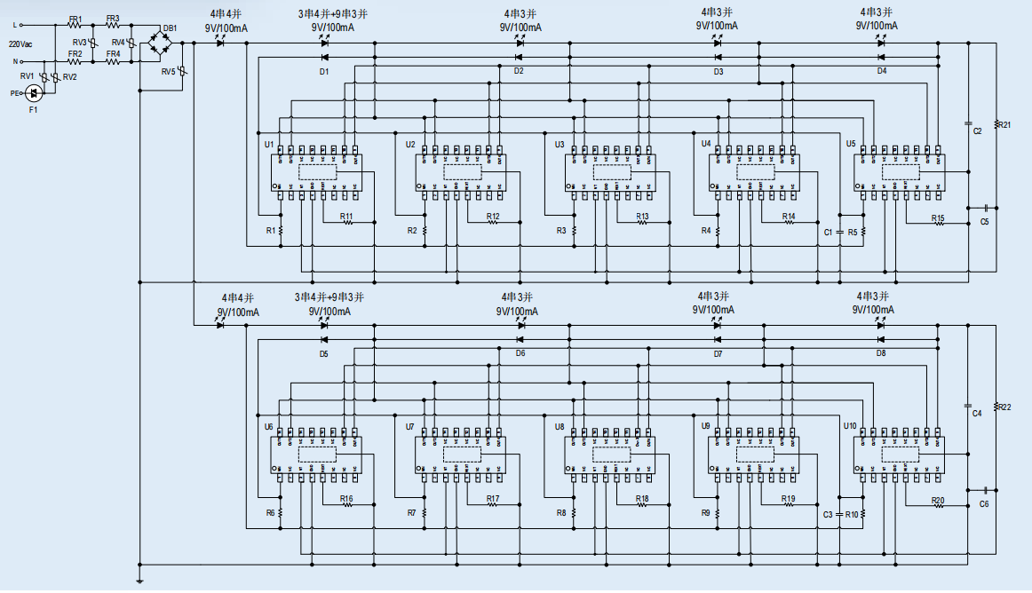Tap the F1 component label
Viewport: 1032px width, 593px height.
click(34, 109)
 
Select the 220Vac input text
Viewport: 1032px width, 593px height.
click(21, 43)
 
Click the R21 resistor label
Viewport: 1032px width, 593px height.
click(1004, 125)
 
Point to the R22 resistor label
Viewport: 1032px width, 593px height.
click(1004, 407)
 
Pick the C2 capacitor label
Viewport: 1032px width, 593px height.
click(977, 130)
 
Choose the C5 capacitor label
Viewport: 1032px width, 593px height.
click(984, 221)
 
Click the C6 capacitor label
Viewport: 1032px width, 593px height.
click(984, 503)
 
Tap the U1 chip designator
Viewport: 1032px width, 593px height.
click(269, 144)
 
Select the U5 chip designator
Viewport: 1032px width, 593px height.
click(851, 144)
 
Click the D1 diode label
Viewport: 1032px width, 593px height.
click(324, 71)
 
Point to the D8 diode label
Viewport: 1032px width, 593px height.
click(881, 353)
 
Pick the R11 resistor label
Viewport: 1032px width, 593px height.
click(347, 216)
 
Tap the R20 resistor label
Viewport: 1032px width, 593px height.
click(938, 501)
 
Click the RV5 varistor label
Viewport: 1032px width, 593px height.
click(168, 72)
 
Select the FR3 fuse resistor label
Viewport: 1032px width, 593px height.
click(112, 18)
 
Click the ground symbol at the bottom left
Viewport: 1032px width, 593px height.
click(139, 581)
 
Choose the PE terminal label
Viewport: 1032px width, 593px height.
click(15, 92)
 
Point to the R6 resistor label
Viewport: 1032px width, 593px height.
click(271, 513)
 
